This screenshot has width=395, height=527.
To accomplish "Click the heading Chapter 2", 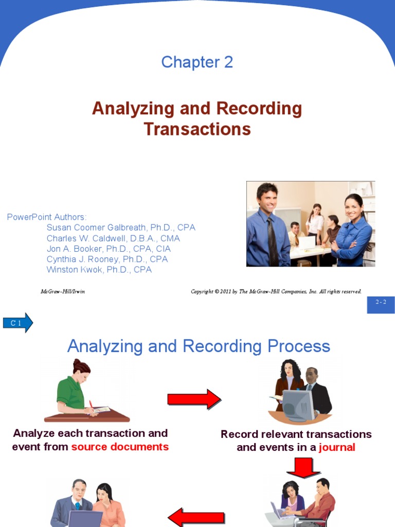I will (x=197, y=62).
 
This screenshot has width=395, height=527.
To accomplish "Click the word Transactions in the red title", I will (x=197, y=129).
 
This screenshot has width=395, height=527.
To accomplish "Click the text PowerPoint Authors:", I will (x=47, y=217).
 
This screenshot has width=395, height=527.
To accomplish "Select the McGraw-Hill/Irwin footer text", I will (x=63, y=292).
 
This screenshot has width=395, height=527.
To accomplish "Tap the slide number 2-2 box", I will (x=381, y=303).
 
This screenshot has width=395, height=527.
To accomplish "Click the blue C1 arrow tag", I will (x=17, y=323).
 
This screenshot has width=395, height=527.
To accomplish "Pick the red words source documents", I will (x=120, y=447).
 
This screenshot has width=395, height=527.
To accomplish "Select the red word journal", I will (x=337, y=447).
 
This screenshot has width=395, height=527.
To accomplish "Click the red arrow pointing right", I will (x=194, y=399).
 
